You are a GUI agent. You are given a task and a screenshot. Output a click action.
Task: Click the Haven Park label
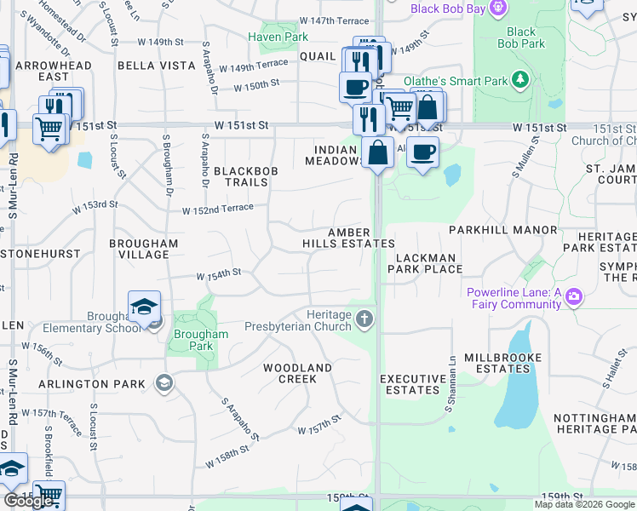pyautogui.click(x=278, y=37)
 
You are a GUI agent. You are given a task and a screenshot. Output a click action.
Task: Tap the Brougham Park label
pyautogui.click(x=201, y=340)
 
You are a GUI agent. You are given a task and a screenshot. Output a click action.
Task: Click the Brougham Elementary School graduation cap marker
pyautogui.click(x=145, y=307)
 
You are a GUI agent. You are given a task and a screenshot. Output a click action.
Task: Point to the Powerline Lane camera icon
pyautogui.click(x=573, y=296)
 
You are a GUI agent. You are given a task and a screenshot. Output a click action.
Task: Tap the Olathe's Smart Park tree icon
pyautogui.click(x=519, y=81)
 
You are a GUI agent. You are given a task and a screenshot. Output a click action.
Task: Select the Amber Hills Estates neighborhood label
pyautogui.click(x=349, y=238)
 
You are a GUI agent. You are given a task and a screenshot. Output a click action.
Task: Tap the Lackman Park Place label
pyautogui.click(x=425, y=263)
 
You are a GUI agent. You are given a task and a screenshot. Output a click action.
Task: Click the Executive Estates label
pyautogui.click(x=413, y=384)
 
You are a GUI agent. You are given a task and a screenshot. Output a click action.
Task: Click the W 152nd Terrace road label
pyautogui.click(x=217, y=209)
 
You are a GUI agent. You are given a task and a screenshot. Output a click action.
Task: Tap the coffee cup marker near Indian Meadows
pyautogui.click(x=422, y=153)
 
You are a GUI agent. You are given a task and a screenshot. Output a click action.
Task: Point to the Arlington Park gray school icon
pyautogui.click(x=162, y=383)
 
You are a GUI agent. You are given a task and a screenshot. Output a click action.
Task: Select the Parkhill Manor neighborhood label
pyautogui.click(x=514, y=230)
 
